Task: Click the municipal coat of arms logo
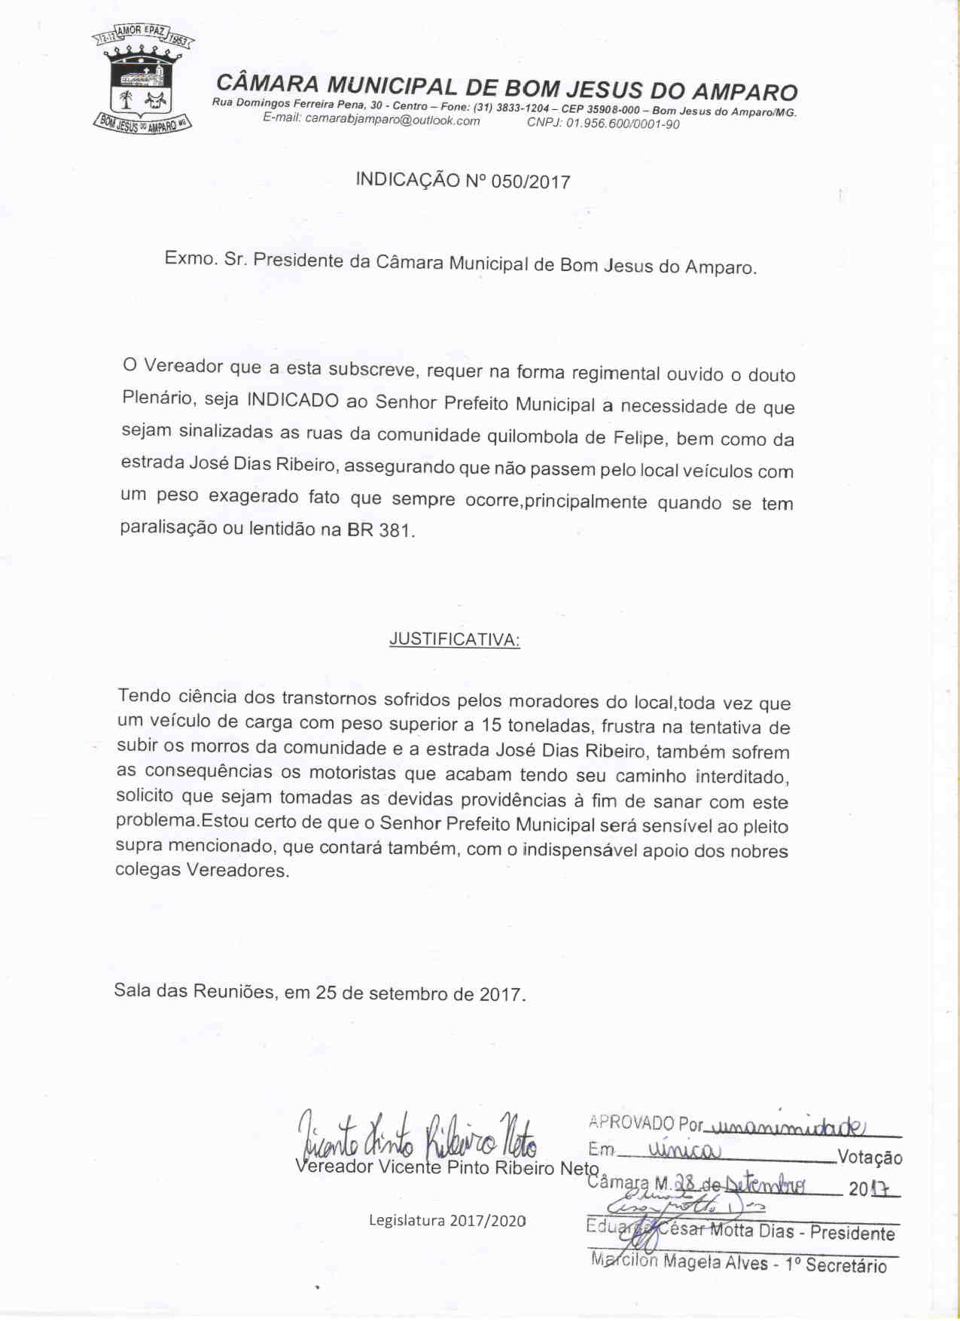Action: pyautogui.click(x=142, y=80)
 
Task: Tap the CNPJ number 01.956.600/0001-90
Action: pyautogui.click(x=622, y=124)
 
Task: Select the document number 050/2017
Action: pyautogui.click(x=530, y=182)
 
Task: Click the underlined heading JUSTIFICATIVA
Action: pyautogui.click(x=454, y=640)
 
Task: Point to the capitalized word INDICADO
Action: pyautogui.click(x=293, y=399)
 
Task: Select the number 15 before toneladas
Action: pyautogui.click(x=491, y=725)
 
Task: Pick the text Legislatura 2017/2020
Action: pyautogui.click(x=447, y=1220)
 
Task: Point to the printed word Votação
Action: pyautogui.click(x=870, y=1158)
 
